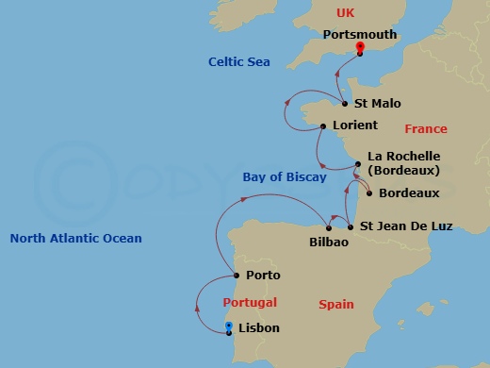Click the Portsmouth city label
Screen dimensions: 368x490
coord(359,34)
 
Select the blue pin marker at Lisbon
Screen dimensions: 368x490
coord(229,326)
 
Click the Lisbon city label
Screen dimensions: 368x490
coord(259,328)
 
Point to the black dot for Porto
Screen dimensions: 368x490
coord(236,276)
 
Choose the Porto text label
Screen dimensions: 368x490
coord(262,276)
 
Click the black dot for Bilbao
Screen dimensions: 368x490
coord(328,227)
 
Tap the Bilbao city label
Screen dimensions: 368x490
coord(329,243)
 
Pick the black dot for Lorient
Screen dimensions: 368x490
coord(323,125)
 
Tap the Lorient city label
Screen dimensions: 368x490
coord(355,125)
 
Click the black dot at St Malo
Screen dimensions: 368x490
coord(344,104)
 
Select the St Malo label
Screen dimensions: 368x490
coord(374,104)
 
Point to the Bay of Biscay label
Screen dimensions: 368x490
coord(285,176)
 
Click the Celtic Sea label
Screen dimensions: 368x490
coord(239,61)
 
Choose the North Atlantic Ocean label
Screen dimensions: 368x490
coord(75,238)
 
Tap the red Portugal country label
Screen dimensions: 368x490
coord(250,302)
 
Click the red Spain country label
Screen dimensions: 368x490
coord(336,304)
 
